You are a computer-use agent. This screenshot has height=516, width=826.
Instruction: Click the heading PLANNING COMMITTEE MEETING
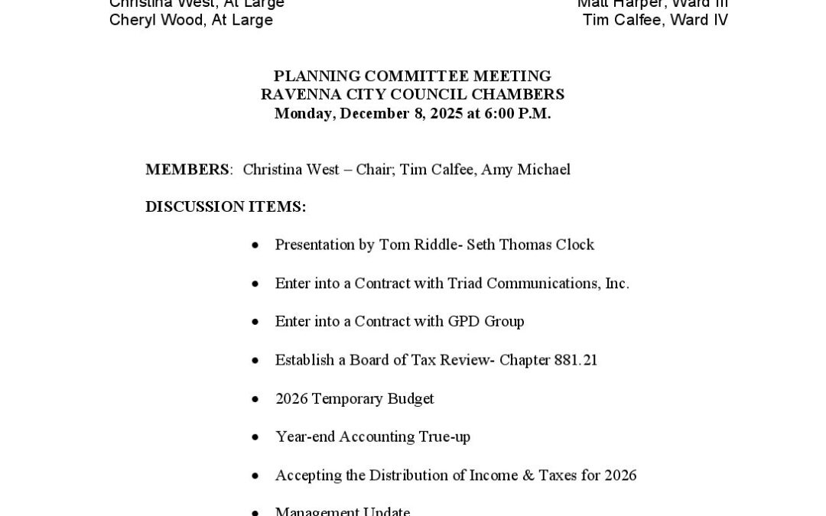(412, 76)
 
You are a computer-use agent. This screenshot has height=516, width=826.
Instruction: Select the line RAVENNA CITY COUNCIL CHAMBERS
(412, 95)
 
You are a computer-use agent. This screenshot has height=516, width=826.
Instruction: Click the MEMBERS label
(187, 170)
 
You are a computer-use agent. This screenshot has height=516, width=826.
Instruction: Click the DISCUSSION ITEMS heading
(226, 206)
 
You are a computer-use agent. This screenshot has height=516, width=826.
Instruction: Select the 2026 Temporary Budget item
(354, 398)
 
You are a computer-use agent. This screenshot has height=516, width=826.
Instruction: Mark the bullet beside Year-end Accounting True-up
(255, 437)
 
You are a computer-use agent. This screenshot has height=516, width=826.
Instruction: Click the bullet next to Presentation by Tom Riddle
(255, 245)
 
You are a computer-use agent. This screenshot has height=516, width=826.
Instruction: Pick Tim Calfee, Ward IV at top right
(655, 21)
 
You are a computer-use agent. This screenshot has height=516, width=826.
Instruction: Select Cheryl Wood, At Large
(191, 21)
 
